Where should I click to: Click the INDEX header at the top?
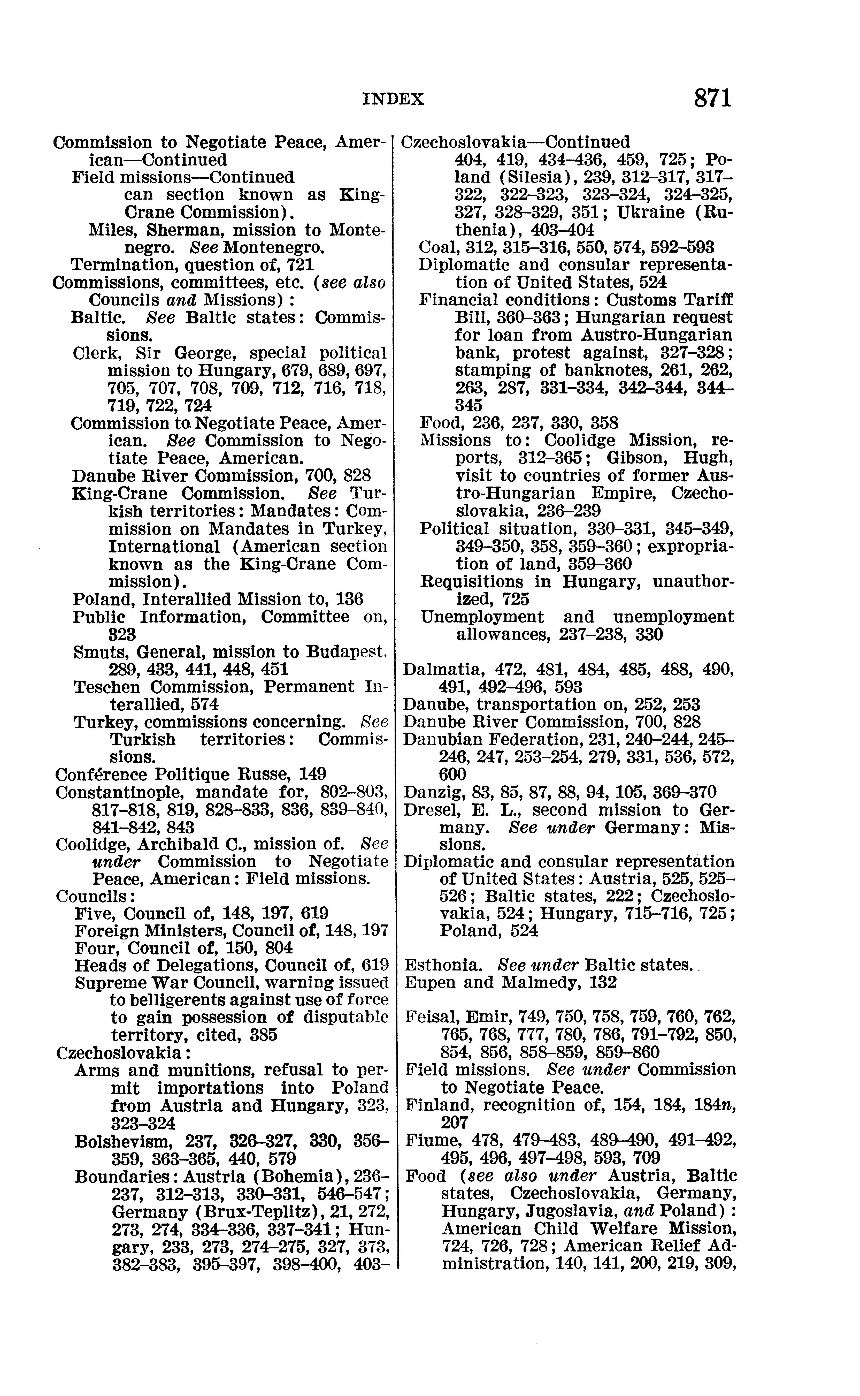click(x=393, y=100)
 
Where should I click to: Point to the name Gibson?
click(x=642, y=457)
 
